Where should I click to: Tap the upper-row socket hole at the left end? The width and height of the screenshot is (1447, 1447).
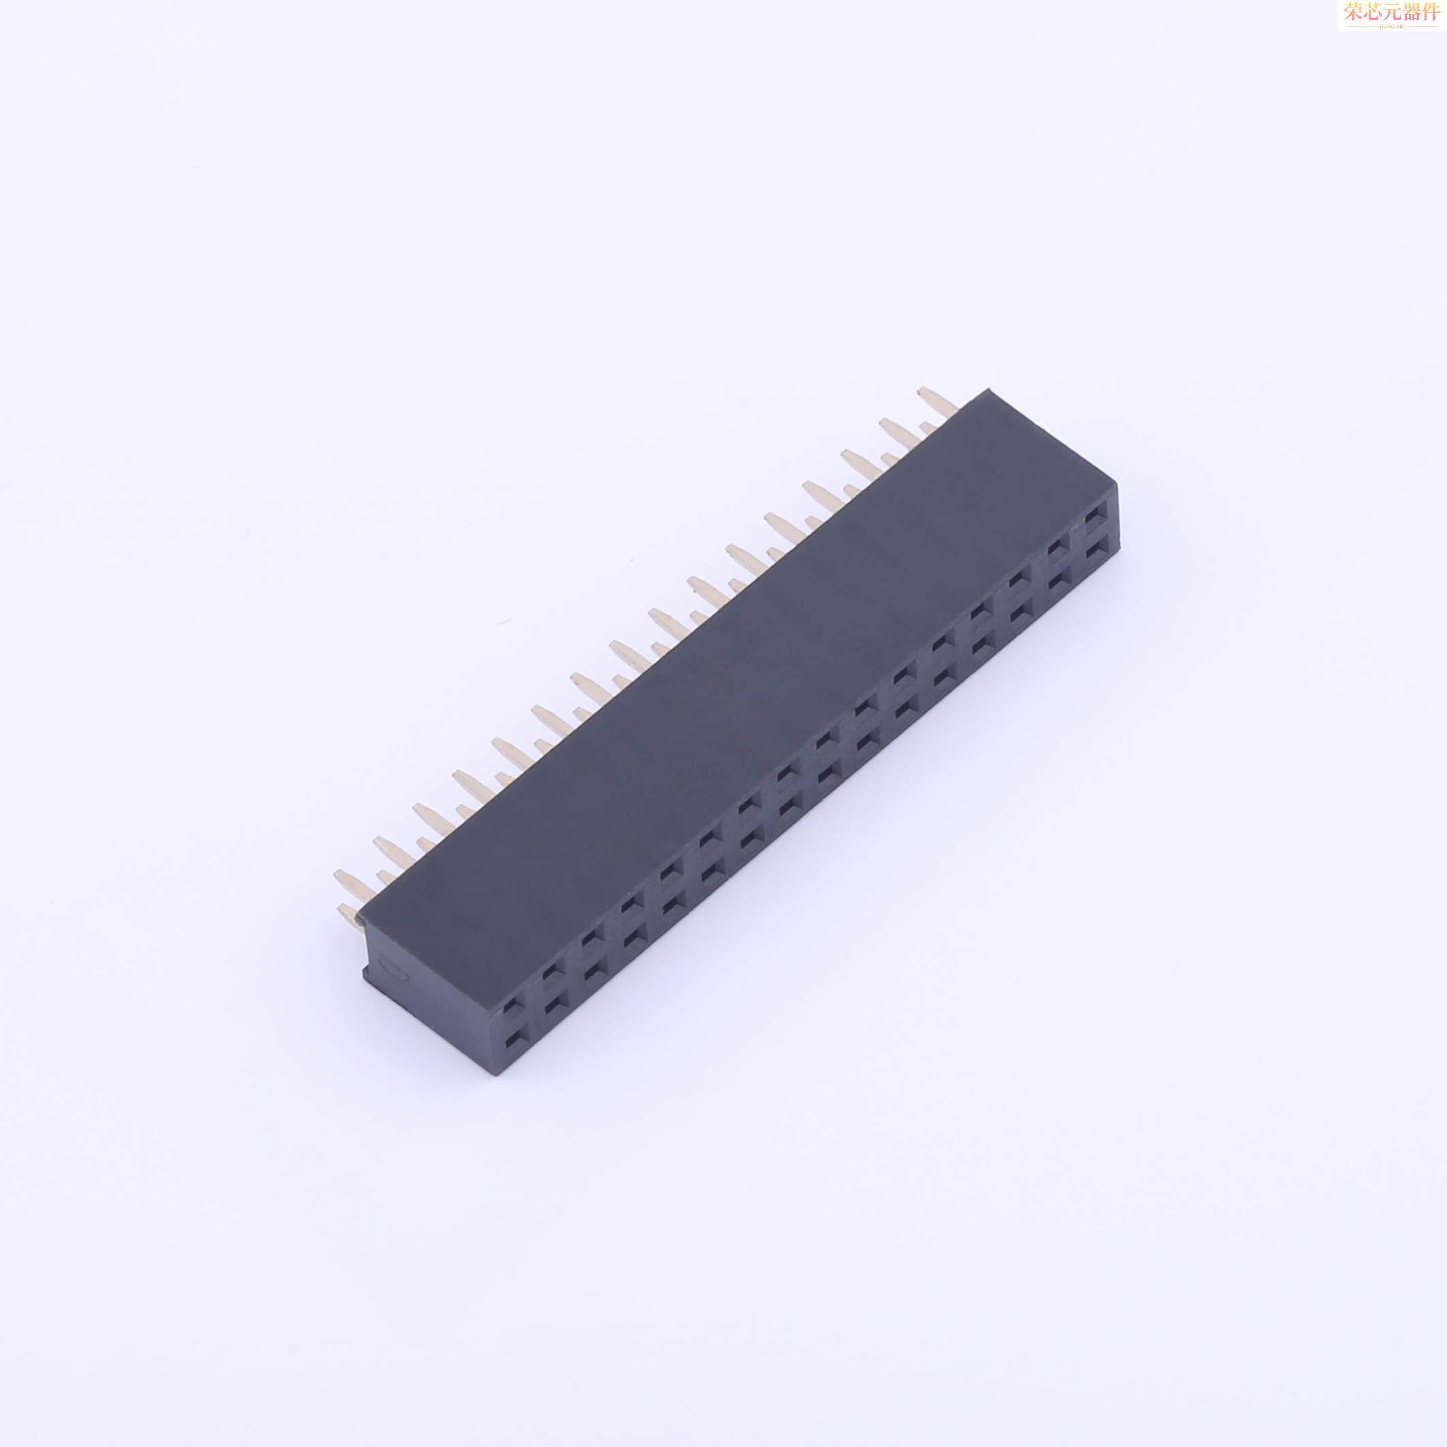point(510,1005)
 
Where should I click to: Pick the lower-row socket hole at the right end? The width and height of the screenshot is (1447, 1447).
point(1094,552)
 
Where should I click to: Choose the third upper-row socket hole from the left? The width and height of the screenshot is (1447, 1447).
point(592,938)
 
